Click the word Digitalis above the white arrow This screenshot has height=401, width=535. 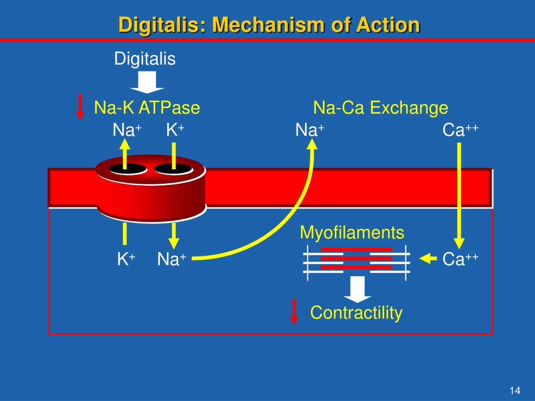145,59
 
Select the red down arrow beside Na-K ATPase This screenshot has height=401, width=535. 80,107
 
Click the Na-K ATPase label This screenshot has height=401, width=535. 147,108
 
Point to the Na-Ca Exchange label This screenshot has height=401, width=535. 380,108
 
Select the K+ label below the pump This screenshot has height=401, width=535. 126,259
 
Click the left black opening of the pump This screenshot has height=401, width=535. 127,169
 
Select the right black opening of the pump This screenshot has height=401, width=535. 173,169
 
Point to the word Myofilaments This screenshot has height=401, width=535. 352,233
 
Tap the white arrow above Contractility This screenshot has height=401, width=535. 357,289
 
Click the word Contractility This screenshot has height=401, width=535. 356,313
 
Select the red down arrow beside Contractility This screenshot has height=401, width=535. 295,311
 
